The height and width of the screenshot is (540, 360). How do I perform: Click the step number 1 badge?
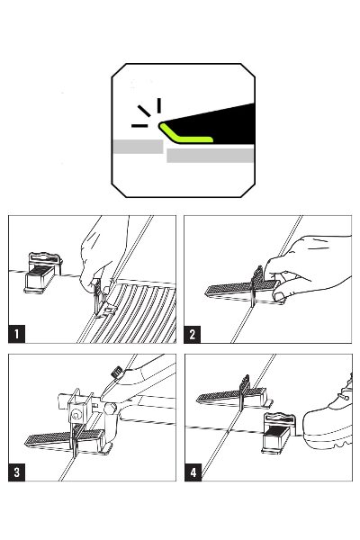coord(16,334)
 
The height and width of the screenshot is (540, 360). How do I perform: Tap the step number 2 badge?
coord(192,334)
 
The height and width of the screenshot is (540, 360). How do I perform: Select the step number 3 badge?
coord(16,472)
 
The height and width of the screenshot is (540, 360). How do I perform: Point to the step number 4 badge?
coord(193,472)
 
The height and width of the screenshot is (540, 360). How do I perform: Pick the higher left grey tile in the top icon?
coord(138,147)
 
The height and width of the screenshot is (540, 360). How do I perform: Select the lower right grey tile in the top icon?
coord(210,156)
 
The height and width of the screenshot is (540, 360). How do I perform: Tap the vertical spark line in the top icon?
coord(158,105)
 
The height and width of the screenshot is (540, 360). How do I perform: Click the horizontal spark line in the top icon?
coord(139,126)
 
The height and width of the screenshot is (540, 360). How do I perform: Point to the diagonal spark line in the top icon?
coord(144,111)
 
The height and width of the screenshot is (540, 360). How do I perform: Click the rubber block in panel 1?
coord(43,274)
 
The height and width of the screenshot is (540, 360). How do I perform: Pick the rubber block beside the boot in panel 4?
coord(278,433)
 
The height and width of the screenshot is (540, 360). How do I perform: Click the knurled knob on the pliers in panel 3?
coord(116,372)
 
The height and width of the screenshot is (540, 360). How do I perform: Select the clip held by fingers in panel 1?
coord(101,298)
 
